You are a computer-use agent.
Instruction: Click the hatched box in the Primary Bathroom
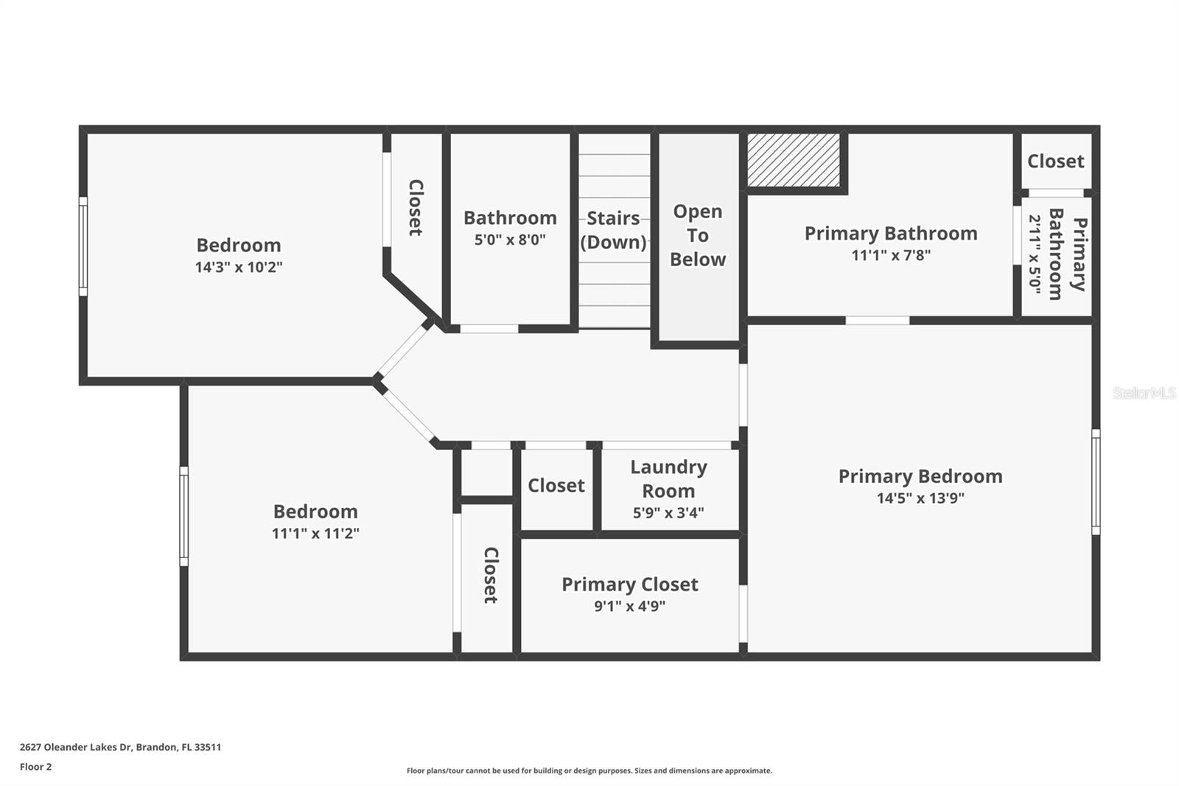point(794,160)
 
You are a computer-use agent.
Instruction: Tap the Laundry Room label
point(668,479)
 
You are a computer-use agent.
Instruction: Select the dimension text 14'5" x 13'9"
point(920,498)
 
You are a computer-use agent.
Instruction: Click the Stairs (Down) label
point(613,230)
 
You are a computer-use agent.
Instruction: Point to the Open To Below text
point(697,235)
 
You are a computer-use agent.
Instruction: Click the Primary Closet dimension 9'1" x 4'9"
point(629,606)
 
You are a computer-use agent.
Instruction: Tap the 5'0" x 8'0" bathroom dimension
point(510,240)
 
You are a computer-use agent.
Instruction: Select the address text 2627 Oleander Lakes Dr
point(77,747)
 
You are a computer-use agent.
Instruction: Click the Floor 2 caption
point(36,767)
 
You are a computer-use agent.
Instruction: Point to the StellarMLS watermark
point(1144,392)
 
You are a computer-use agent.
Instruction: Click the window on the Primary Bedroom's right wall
point(1096,482)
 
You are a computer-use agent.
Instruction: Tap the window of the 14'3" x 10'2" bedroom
point(83,246)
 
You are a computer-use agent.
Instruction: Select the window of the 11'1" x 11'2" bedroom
point(184,516)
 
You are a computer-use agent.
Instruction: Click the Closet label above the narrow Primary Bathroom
point(1055,161)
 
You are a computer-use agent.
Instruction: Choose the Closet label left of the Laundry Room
point(556,486)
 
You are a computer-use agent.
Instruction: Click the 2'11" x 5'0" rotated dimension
point(1035,254)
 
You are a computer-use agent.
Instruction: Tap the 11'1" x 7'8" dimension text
point(891,255)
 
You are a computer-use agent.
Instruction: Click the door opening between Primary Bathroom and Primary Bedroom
point(878,320)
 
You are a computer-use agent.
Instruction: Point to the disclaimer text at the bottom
point(589,771)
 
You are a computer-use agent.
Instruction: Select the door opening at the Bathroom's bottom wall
point(489,329)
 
